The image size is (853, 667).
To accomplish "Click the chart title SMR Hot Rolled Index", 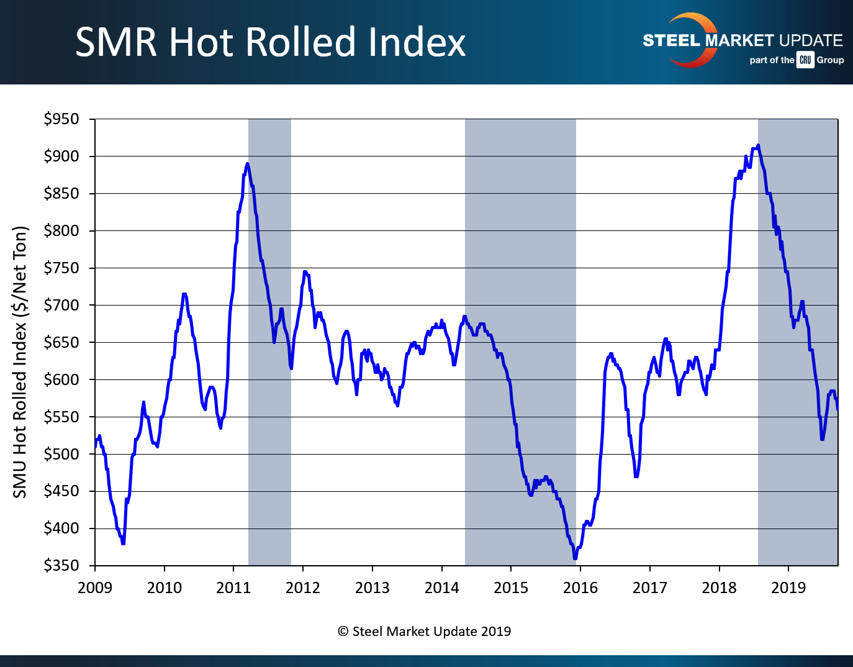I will coord(270,42).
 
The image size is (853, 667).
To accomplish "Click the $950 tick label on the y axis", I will coord(61,119).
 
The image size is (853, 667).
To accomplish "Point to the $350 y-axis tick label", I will coord(61,565).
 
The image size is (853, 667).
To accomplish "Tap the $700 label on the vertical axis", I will coord(61,305).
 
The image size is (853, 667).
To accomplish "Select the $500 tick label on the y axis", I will coord(61,454).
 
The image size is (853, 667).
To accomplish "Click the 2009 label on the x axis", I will coord(95,588).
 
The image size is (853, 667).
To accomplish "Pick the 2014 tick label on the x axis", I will coord(441,588).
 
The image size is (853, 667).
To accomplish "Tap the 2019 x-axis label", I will coord(788,588).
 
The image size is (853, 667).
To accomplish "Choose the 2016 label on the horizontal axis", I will coord(580,588).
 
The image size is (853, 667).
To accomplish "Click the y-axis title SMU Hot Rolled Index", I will coord(20,362).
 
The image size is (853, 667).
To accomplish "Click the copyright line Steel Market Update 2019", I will coord(425,632).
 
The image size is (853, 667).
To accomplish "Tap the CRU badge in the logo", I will coord(805,60).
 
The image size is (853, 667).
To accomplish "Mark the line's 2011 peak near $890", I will coord(247,164).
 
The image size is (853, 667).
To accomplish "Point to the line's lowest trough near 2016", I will coord(575,558).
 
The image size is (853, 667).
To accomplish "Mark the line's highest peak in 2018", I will coord(758,146).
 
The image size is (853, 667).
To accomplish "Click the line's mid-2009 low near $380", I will coord(123,543).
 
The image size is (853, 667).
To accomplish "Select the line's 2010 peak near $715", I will coord(184,294).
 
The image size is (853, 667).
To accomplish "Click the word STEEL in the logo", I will coord(671,41).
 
